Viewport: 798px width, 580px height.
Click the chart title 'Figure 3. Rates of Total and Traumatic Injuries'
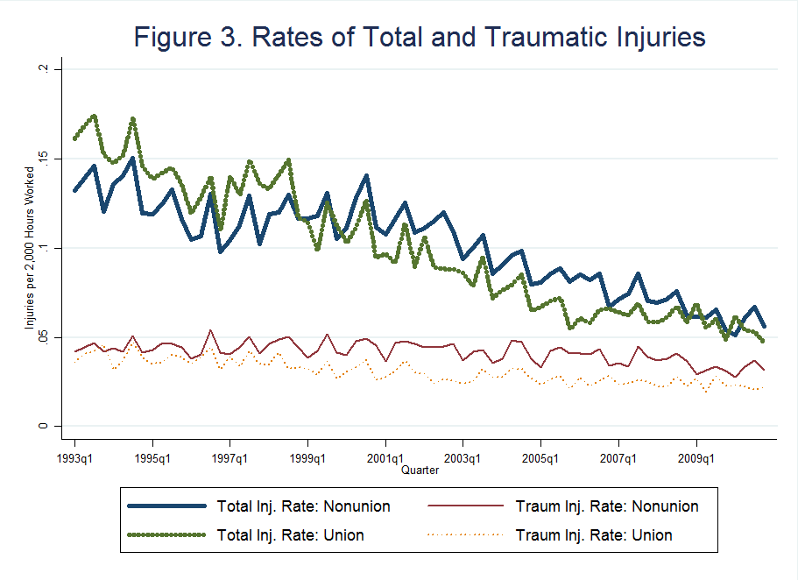point(420,38)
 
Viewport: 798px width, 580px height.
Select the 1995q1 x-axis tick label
point(153,458)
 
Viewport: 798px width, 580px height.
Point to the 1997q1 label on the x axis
point(230,458)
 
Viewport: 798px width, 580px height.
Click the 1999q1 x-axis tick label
point(308,458)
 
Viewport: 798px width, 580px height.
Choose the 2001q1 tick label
point(386,458)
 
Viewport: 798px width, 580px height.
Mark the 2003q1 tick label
point(463,458)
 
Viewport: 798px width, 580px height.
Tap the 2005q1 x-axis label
point(541,458)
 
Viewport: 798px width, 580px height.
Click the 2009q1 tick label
point(696,458)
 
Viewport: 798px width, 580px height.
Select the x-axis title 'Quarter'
point(420,470)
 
